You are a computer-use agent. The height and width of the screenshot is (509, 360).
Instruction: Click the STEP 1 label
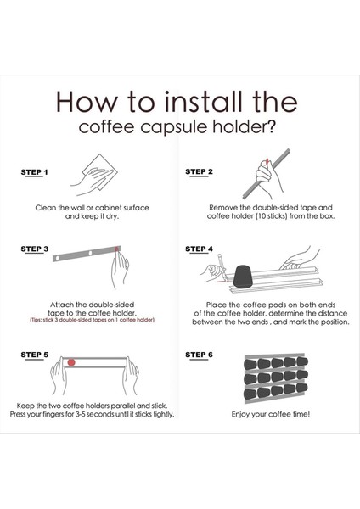pyautogui.click(x=34, y=172)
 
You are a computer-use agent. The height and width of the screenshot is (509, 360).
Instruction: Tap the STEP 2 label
pyautogui.click(x=199, y=171)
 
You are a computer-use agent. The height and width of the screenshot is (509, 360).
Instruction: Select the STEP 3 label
pyautogui.click(x=35, y=249)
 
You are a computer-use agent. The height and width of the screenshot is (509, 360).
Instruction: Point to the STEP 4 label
pyautogui.click(x=199, y=249)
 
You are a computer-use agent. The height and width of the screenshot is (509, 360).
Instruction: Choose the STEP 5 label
pyautogui.click(x=35, y=355)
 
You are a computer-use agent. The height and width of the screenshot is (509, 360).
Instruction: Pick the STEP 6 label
pyautogui.click(x=199, y=355)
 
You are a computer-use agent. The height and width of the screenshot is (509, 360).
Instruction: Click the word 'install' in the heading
pyautogui.click(x=204, y=102)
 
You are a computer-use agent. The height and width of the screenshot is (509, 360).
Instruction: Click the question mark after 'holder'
pyautogui.click(x=271, y=126)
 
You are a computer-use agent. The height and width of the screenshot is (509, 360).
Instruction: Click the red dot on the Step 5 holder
pyautogui.click(x=71, y=362)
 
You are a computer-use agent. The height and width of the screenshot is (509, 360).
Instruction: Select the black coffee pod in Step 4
pyautogui.click(x=244, y=277)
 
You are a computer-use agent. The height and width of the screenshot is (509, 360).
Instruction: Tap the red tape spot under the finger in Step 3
pyautogui.click(x=117, y=249)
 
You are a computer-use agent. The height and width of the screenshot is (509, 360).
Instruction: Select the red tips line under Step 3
pyautogui.click(x=93, y=320)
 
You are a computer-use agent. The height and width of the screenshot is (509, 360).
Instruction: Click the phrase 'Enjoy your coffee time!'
pyautogui.click(x=271, y=414)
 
